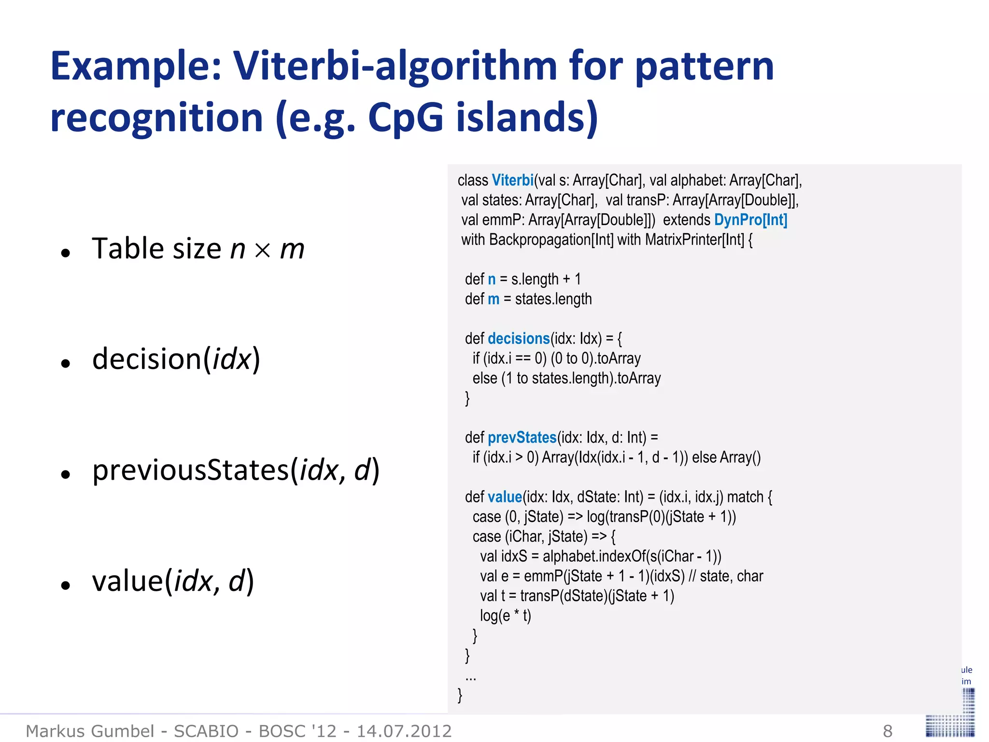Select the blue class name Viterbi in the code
(x=512, y=180)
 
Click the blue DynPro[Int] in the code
(x=750, y=220)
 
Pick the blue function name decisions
(x=519, y=339)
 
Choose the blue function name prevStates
(x=522, y=438)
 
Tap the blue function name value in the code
(x=505, y=497)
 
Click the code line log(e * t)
(x=505, y=616)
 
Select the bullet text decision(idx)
(x=176, y=359)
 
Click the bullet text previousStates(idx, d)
(x=236, y=470)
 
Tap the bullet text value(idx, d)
(x=173, y=581)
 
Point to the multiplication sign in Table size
(x=263, y=250)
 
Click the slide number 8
(x=888, y=731)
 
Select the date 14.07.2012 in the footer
(x=404, y=731)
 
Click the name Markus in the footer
(x=57, y=731)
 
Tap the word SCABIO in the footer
(x=206, y=731)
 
